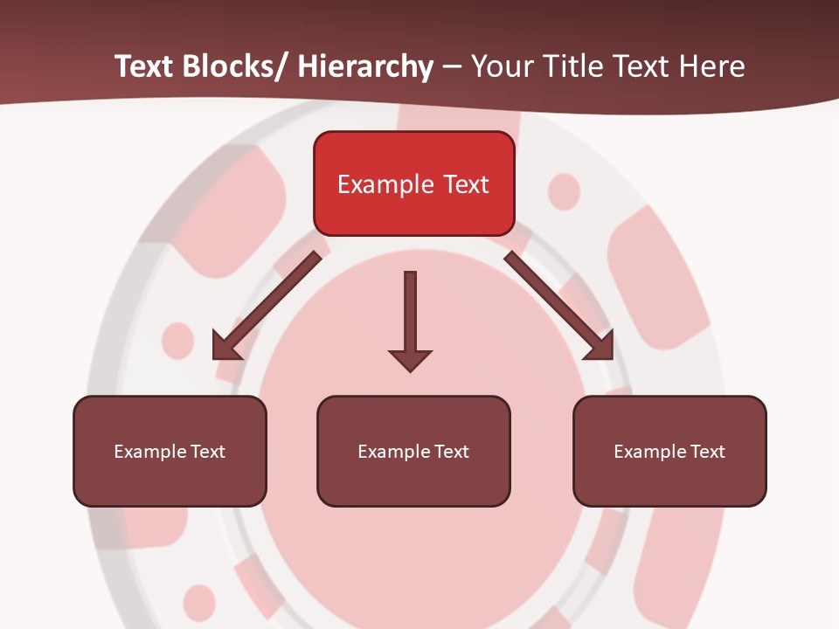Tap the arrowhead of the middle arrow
pyautogui.click(x=410, y=359)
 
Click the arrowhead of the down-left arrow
pyautogui.click(x=225, y=347)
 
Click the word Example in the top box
pyautogui.click(x=385, y=184)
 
